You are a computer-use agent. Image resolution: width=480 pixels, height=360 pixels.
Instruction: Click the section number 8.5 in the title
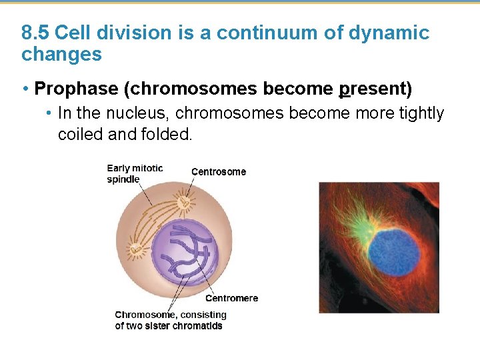coord(35,33)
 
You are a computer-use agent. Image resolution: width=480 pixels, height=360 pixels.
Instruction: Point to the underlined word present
coord(372,88)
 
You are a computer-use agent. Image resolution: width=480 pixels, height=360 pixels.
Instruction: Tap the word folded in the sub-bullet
coord(167,134)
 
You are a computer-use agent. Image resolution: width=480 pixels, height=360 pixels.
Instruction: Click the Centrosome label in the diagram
coord(218,172)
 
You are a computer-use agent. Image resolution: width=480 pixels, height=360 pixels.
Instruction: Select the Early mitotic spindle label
coord(134,173)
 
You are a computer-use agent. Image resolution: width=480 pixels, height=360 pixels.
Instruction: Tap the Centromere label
coord(231,298)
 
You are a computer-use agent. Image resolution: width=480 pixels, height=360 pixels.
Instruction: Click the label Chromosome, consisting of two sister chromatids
coord(171,320)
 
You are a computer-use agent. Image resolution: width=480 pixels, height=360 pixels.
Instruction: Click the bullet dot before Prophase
coord(25,89)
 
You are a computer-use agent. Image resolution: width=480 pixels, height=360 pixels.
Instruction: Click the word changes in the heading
coord(61,55)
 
